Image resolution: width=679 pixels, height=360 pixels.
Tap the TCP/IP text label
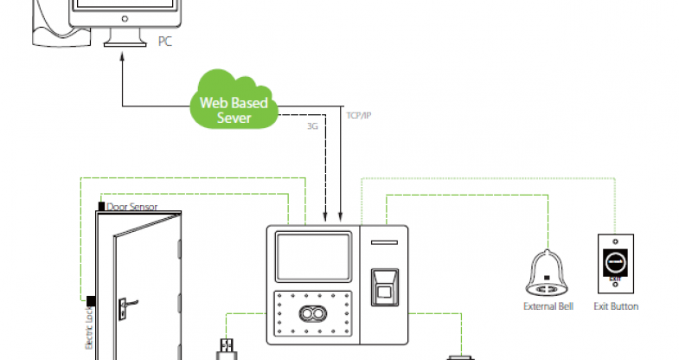point(358,114)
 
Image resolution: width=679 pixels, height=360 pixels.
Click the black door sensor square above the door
point(100,207)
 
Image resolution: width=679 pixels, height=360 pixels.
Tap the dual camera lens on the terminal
point(311,314)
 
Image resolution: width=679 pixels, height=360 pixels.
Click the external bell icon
point(544,270)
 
